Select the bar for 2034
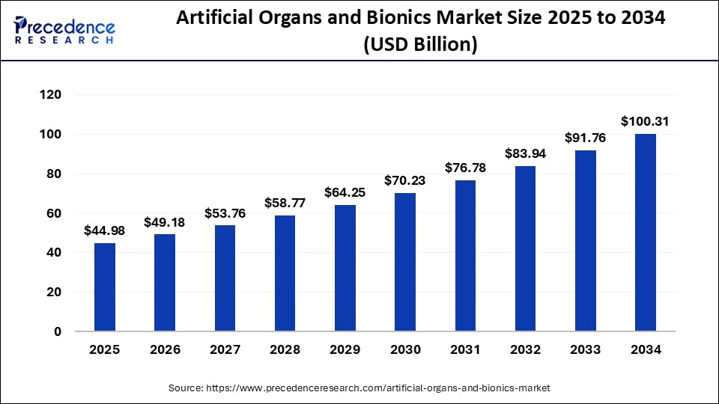pyautogui.click(x=646, y=232)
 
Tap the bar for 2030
pyautogui.click(x=405, y=262)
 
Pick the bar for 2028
pyautogui.click(x=285, y=273)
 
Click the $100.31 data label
pyautogui.click(x=646, y=121)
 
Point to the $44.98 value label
pyautogui.click(x=105, y=230)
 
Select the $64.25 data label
pyautogui.click(x=345, y=192)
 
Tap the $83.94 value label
pyautogui.click(x=526, y=153)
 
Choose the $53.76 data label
pyautogui.click(x=225, y=213)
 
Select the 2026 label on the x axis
pyautogui.click(x=165, y=349)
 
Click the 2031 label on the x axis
pyautogui.click(x=465, y=349)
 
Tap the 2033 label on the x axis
pyautogui.click(x=586, y=349)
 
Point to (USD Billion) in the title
pyautogui.click(x=420, y=45)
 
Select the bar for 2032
pyautogui.click(x=526, y=248)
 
